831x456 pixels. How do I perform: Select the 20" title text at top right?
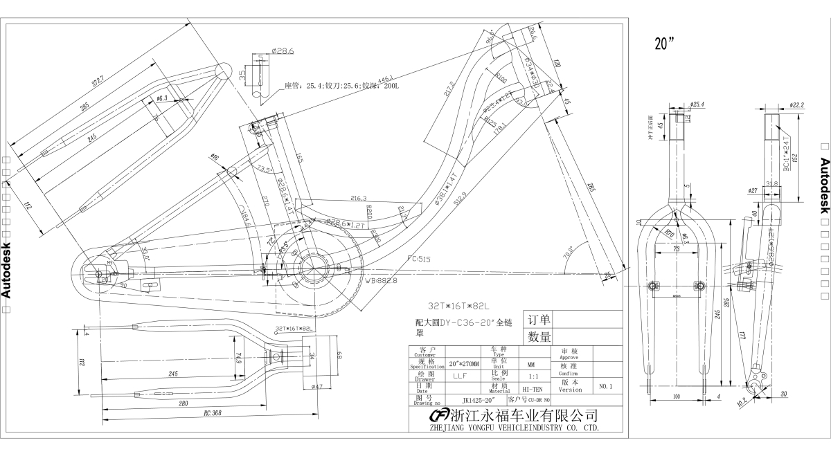click(665, 43)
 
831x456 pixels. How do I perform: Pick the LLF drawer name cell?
click(458, 376)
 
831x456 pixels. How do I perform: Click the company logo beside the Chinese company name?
click(439, 415)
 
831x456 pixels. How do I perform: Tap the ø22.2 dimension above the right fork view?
click(796, 106)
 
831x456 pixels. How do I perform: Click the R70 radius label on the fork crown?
click(670, 234)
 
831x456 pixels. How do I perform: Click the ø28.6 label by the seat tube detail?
click(283, 51)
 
